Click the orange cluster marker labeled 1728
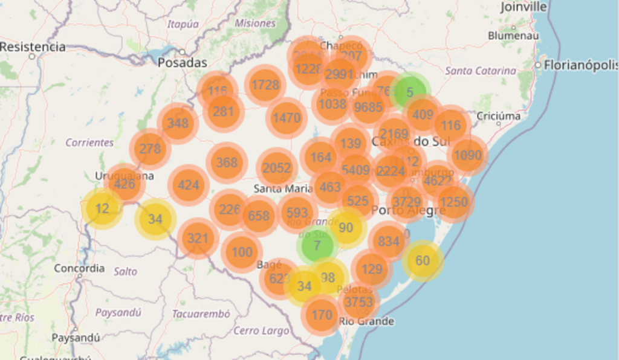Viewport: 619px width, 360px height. [265, 85]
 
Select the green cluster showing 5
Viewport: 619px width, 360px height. [410, 92]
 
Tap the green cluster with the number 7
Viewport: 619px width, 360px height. [317, 246]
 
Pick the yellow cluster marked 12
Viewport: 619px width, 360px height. [102, 209]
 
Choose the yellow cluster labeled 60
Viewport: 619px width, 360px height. [423, 261]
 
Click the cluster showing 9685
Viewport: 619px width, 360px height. [369, 108]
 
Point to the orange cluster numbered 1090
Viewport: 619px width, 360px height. [468, 155]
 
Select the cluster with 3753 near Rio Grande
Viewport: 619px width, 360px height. [358, 301]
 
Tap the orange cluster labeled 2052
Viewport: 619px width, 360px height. [277, 169]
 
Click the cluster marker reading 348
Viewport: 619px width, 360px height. [178, 123]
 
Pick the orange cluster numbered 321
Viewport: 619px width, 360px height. [198, 239]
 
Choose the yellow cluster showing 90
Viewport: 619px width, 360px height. [346, 228]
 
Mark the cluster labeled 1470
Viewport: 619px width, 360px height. [287, 118]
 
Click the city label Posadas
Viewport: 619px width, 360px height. [182, 63]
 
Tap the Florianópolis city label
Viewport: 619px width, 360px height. [580, 65]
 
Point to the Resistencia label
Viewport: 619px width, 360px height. [33, 47]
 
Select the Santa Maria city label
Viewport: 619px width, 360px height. [283, 188]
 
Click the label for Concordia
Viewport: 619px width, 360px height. [79, 268]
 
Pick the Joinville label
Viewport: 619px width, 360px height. [523, 7]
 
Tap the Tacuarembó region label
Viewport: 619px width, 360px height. [201, 314]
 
